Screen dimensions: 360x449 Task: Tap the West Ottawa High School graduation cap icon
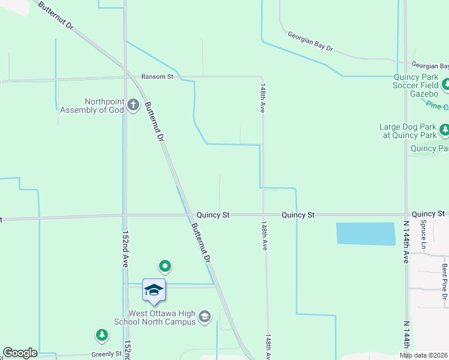coord(204,316)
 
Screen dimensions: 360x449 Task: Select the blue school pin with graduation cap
coord(154,290)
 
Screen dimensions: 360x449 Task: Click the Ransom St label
coord(157,77)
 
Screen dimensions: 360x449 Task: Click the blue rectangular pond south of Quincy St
coord(366,233)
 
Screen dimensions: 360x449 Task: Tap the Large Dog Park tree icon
coord(444,130)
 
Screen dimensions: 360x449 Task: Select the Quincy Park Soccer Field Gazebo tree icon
coord(445,85)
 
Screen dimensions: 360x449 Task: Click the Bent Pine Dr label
coord(444,280)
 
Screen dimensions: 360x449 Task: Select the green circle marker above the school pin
coord(165,266)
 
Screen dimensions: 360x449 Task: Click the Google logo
coord(20,353)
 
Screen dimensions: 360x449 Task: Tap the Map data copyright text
coord(424,355)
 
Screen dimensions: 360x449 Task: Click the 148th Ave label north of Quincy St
coord(263,98)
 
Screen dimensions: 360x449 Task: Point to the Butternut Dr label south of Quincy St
coord(201,243)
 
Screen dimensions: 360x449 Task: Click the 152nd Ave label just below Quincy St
coord(126,249)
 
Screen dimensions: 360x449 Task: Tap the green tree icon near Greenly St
coord(102,335)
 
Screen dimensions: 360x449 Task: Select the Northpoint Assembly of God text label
coord(92,106)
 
